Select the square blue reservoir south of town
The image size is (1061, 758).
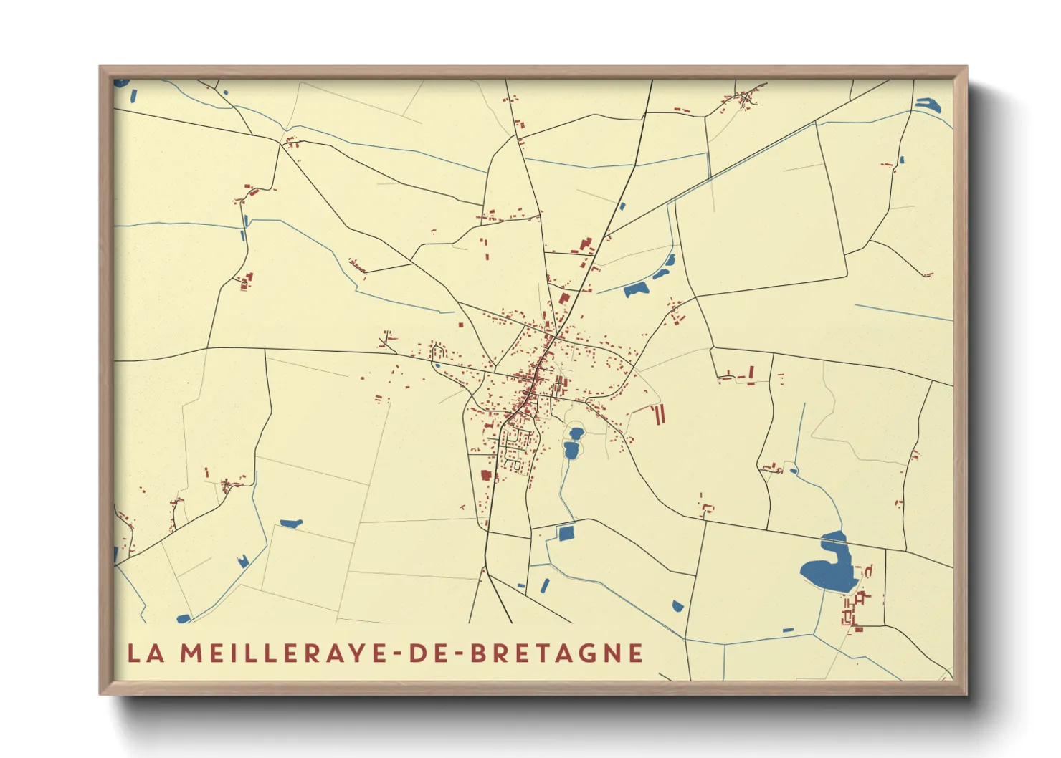pyautogui.click(x=566, y=533)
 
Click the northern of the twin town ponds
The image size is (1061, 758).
pyautogui.click(x=576, y=433)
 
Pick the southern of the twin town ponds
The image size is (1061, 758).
pyautogui.click(x=571, y=450)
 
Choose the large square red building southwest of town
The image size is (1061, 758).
pyautogui.click(x=485, y=475)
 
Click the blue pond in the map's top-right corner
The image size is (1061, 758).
pyautogui.click(x=928, y=105)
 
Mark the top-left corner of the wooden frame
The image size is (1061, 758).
pyautogui.click(x=100, y=67)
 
